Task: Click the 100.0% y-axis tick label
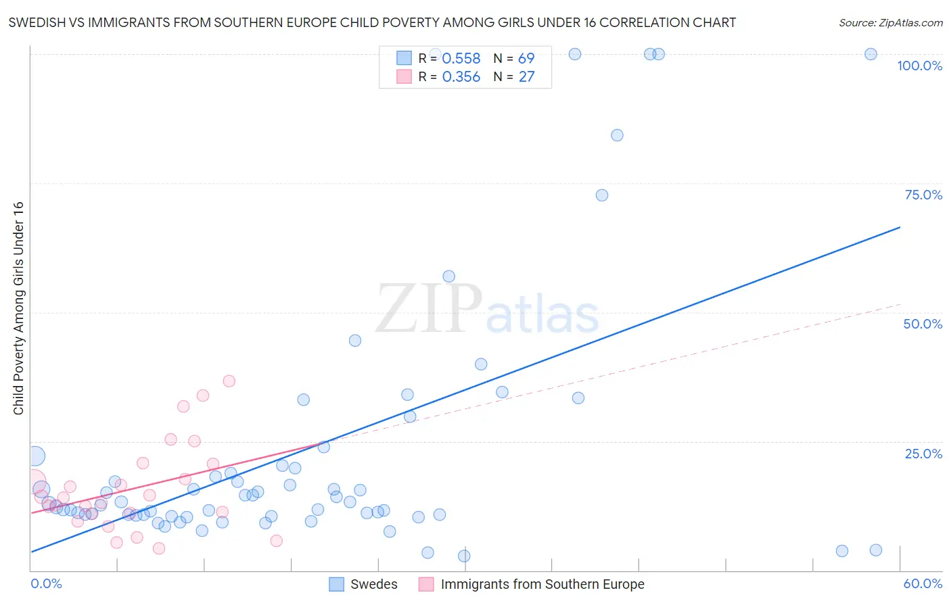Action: pos(919,66)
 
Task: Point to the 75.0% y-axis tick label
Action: pos(923,195)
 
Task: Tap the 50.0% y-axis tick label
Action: pos(923,324)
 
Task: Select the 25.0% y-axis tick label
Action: pos(923,453)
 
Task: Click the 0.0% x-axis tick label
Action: pos(46,583)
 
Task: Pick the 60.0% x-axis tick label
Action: pos(923,583)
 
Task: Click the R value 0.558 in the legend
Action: pos(461,59)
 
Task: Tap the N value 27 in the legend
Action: pos(526,77)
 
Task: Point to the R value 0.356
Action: pos(461,77)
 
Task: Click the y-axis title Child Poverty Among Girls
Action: pos(18,308)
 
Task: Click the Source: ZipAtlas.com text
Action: pos(890,23)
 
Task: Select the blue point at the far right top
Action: pos(871,54)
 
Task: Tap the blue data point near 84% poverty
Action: pos(617,135)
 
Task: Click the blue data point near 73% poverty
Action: pos(602,195)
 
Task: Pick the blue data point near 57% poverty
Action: pos(448,276)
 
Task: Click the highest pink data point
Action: pos(229,381)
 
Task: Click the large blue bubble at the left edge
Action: pos(35,457)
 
